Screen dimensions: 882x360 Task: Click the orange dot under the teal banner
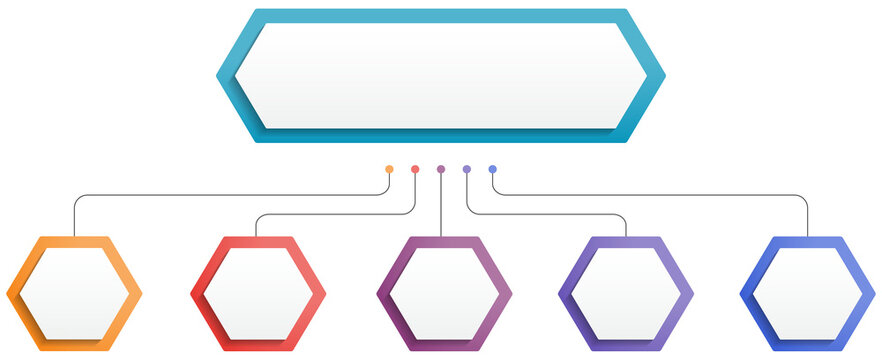tap(389, 169)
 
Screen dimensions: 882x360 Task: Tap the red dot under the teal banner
tap(415, 169)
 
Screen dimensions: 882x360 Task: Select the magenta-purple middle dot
tap(441, 169)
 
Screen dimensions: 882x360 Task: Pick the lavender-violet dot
tap(467, 169)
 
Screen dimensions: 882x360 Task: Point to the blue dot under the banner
tap(493, 169)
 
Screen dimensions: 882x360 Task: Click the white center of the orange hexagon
tap(75, 294)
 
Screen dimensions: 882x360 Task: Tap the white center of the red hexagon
tap(258, 294)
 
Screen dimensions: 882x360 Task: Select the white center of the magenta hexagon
tap(443, 294)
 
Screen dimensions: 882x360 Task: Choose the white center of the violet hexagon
tap(626, 294)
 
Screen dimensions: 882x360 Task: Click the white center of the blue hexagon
tap(808, 294)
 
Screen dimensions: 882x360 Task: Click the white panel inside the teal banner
tap(440, 75)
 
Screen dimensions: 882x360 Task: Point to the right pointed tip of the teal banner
tap(662, 75)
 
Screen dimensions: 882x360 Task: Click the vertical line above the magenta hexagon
tap(441, 210)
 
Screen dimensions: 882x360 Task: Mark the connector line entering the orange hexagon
tap(75, 220)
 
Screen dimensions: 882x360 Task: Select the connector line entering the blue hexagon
tap(808, 220)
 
